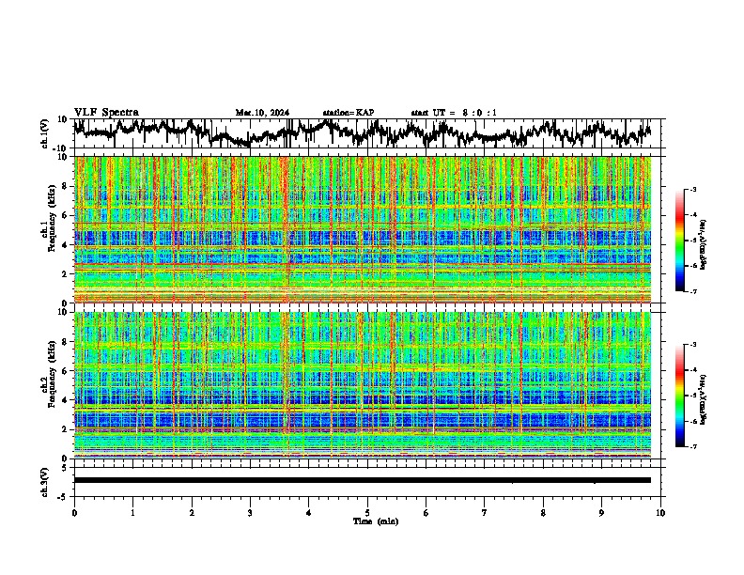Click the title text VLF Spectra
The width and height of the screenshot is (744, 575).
click(x=106, y=112)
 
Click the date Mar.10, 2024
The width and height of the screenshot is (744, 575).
click(x=262, y=113)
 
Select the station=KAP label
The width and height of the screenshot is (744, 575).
click(x=348, y=113)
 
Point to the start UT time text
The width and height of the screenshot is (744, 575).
click(x=454, y=113)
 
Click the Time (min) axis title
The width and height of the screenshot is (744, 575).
click(x=367, y=521)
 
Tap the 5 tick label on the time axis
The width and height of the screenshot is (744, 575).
click(x=367, y=512)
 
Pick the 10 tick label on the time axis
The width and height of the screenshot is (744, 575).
click(x=660, y=512)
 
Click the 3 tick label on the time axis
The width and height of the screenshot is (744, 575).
click(x=250, y=512)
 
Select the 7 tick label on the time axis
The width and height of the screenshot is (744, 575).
click(x=485, y=512)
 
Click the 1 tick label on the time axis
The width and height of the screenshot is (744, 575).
click(x=132, y=512)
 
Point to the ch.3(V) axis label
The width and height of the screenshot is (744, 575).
click(x=46, y=480)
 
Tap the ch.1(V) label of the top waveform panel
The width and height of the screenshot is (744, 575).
click(x=46, y=133)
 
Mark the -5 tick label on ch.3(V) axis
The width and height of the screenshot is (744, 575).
click(x=66, y=494)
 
